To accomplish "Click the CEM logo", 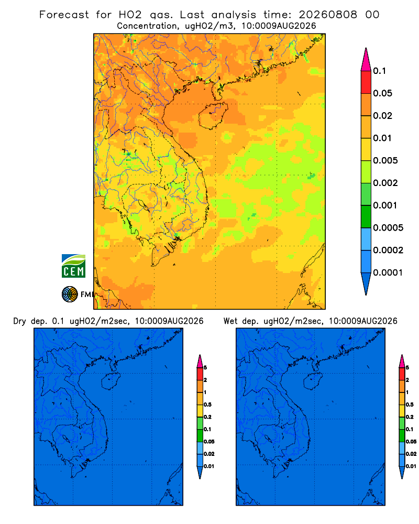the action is [x=73, y=266].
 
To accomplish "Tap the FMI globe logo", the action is [x=70, y=294].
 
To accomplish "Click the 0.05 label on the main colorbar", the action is [x=382, y=93].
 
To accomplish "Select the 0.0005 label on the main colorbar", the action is [x=388, y=228].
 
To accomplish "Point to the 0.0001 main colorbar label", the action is [x=388, y=272].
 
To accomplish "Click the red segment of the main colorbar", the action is [x=366, y=82].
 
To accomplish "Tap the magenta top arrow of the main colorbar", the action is [x=366, y=60].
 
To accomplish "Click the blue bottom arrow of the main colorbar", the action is [x=366, y=283].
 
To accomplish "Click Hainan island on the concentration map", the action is [x=213, y=116].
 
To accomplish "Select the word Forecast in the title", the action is [x=64, y=15].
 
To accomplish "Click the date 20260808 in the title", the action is [x=328, y=15].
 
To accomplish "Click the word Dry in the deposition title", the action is [x=19, y=321].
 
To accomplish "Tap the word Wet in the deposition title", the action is [x=230, y=321].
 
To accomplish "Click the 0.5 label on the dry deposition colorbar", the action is [x=207, y=405].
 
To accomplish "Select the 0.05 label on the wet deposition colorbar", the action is [x=411, y=442].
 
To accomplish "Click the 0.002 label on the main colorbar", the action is [x=385, y=183].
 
